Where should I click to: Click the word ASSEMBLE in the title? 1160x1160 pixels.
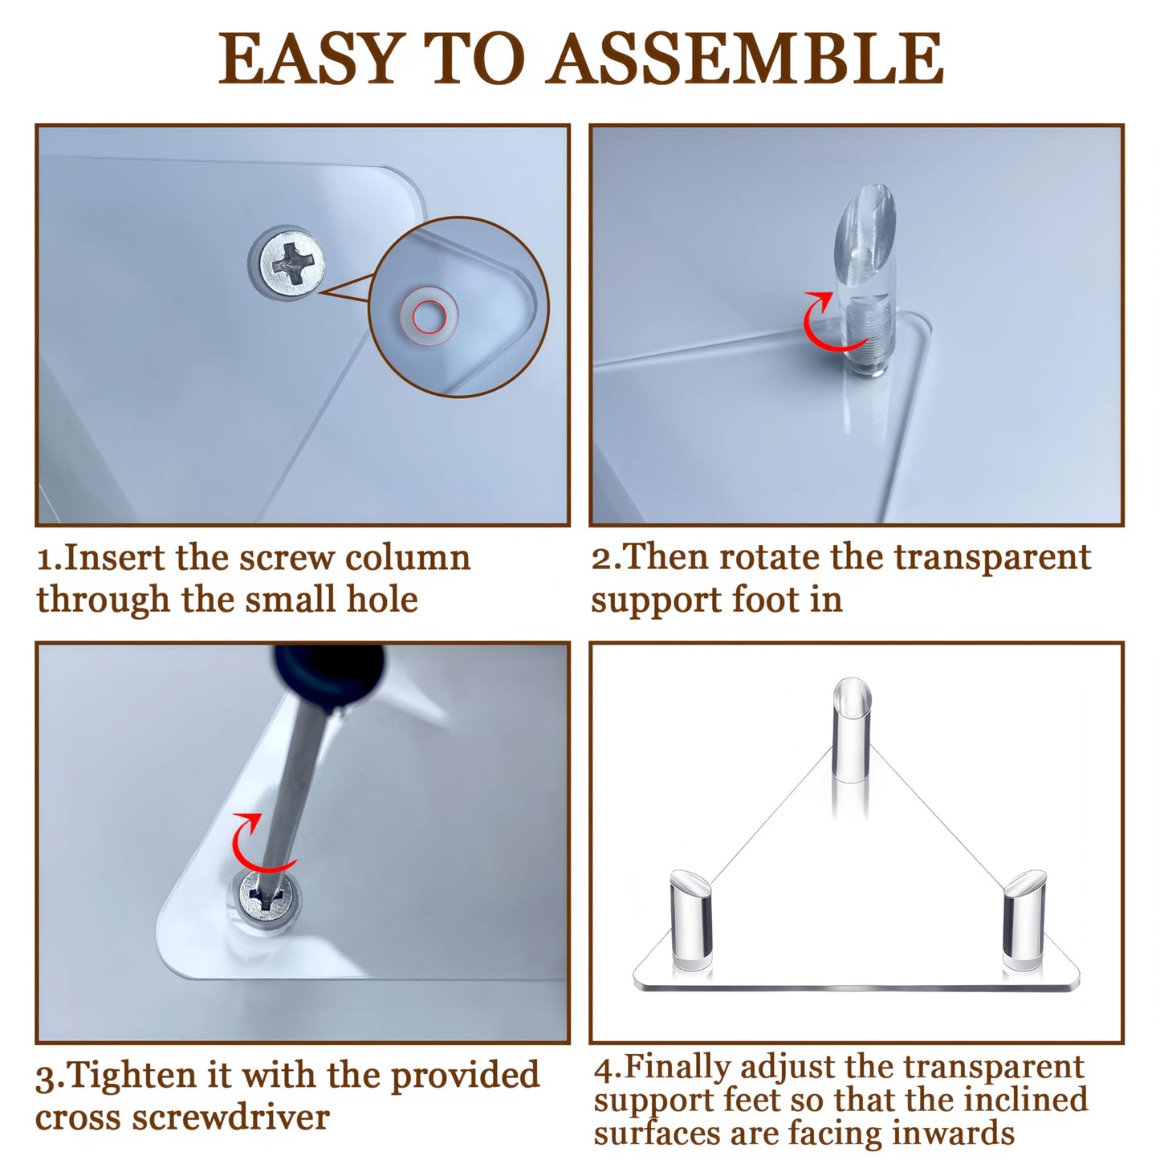[745, 58]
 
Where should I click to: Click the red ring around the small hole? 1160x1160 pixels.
[429, 315]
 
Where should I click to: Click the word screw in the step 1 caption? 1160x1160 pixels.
[287, 558]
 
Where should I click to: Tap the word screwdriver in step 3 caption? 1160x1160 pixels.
[230, 1118]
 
